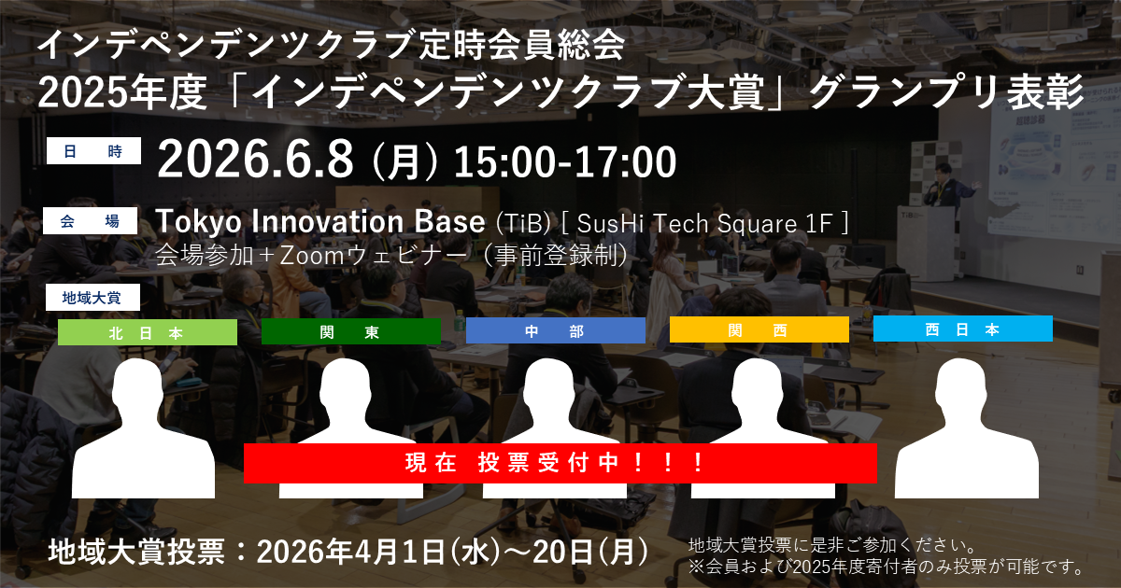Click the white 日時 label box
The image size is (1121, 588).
point(93,150)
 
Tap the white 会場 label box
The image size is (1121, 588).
point(90,220)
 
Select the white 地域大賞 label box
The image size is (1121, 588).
point(92,298)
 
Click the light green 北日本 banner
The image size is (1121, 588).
point(148,332)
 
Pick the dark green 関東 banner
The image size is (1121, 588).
point(351,331)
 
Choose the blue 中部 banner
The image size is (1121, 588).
point(556,330)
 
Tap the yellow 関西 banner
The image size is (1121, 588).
point(759,329)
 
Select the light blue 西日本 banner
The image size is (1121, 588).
point(963,329)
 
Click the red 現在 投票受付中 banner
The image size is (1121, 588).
point(560,463)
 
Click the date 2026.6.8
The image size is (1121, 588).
point(255,160)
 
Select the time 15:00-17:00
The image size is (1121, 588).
point(565,161)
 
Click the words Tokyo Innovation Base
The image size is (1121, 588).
point(320,221)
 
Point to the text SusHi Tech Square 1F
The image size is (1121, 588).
point(704,223)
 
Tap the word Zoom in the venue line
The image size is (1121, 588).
point(312,256)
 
